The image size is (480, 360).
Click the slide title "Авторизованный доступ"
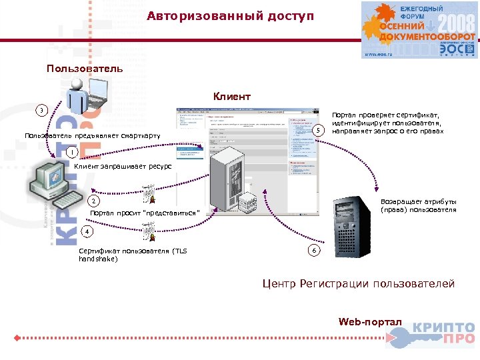230,15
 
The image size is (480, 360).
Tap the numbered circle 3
42,110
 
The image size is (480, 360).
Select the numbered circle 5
319,131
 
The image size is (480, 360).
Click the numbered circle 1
70,153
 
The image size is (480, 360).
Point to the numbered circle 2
94,201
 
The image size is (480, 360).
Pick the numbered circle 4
85,231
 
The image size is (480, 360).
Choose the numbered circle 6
315,250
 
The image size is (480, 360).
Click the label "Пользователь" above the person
85,69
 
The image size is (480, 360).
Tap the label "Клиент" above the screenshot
232,97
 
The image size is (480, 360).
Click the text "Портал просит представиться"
144,213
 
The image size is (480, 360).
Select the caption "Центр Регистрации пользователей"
358,284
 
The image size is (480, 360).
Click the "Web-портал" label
370,322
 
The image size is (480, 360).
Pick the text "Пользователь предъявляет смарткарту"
93,137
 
